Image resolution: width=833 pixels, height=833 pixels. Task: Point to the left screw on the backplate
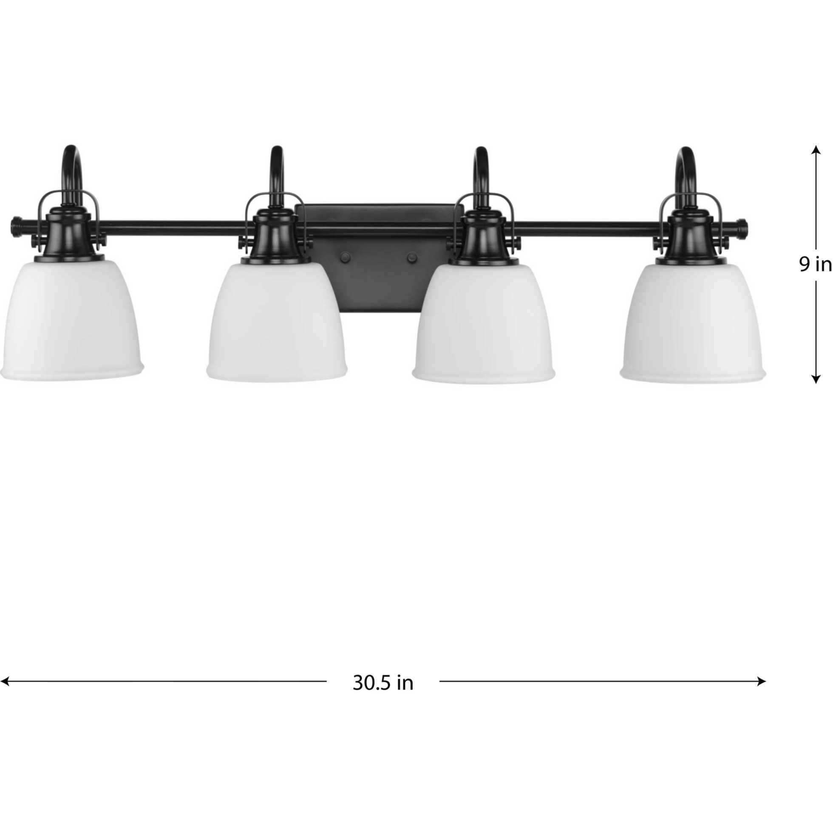coord(345,258)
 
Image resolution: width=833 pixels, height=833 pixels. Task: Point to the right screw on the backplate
coord(412,258)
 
